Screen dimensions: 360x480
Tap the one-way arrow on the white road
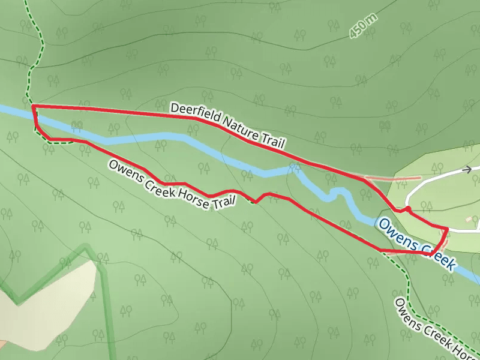467,170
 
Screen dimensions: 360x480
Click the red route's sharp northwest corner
32,106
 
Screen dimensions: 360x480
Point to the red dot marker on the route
407,208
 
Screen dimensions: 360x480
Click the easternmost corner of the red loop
448,229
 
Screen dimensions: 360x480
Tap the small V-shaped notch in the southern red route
257,201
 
